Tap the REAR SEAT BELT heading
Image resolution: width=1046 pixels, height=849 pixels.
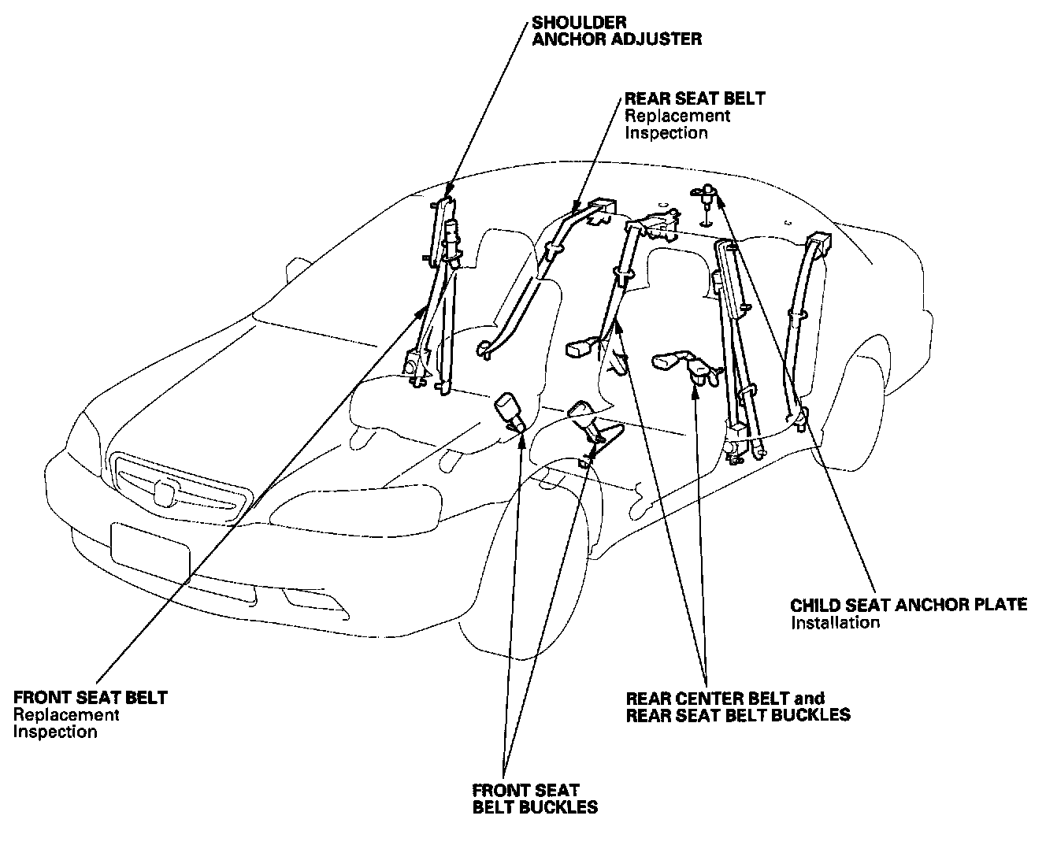coord(695,98)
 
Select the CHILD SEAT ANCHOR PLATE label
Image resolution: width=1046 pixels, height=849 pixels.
coord(908,605)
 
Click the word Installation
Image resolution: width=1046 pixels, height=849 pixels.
coord(834,622)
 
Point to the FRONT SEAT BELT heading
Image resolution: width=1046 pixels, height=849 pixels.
coord(91,697)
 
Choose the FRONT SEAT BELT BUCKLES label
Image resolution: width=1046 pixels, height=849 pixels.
coord(534,798)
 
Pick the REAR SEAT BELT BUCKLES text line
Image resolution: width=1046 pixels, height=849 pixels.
coord(738,715)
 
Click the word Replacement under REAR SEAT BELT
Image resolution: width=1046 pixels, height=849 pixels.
coord(677,116)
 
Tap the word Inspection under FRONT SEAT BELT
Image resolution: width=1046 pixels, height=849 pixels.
coord(55,732)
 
